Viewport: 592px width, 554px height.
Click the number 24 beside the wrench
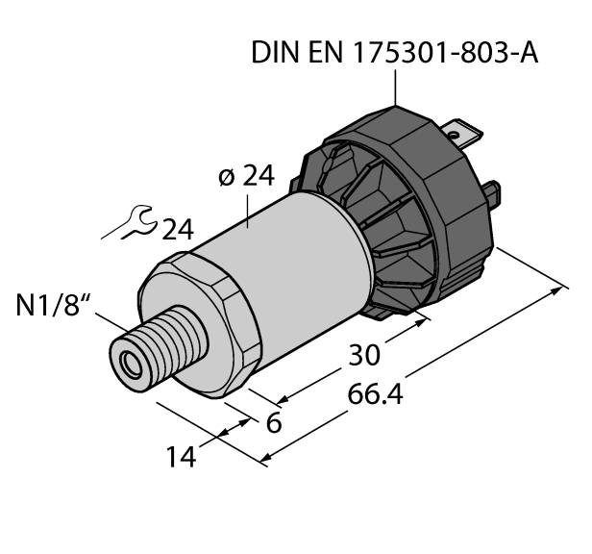pyautogui.click(x=177, y=229)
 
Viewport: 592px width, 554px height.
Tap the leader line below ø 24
pyautogui.click(x=250, y=207)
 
